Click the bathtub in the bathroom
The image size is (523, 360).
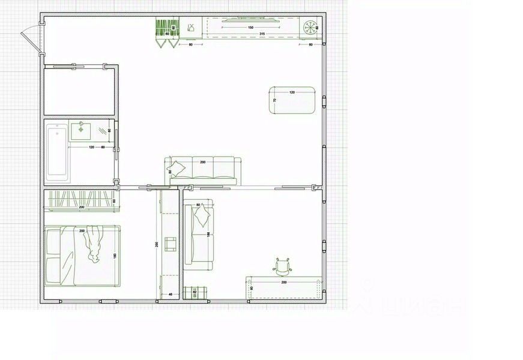(x=57, y=153)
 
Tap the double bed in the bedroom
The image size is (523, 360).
(x=82, y=256)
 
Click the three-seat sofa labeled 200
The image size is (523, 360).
(x=203, y=171)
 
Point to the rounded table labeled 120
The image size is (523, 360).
(x=292, y=100)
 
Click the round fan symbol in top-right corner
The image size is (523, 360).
(x=310, y=26)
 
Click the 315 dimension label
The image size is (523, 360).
(x=262, y=34)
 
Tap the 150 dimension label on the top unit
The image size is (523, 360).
(x=250, y=28)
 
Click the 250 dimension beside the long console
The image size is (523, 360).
(x=156, y=245)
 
